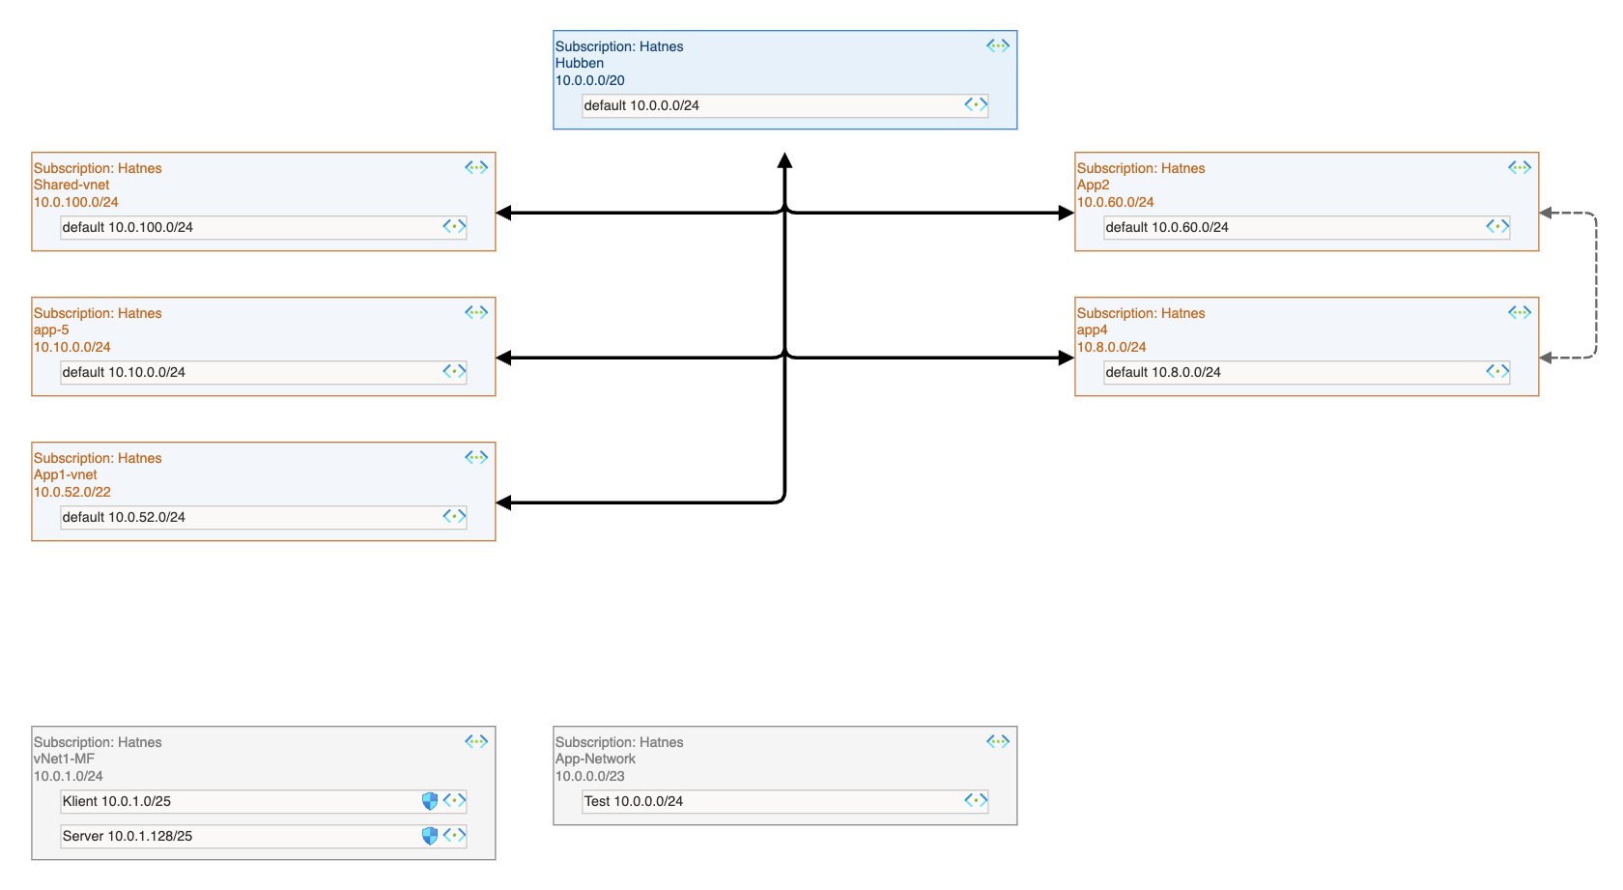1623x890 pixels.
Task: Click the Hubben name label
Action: [x=579, y=63]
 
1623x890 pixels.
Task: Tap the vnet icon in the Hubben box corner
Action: [x=998, y=45]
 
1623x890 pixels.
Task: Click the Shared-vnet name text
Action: [x=71, y=185]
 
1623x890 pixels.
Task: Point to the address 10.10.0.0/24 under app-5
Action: [x=72, y=347]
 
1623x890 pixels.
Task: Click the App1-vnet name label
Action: [x=66, y=474]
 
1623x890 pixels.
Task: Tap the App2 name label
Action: [x=1093, y=185]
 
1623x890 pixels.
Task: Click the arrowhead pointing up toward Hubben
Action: [x=784, y=160]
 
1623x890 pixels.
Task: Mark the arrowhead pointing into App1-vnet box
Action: [x=503, y=502]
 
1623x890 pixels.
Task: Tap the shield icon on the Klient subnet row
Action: [x=430, y=801]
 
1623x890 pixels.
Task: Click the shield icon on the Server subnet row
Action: [x=430, y=836]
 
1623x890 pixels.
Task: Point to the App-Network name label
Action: [x=595, y=759]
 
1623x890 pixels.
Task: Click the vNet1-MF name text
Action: [x=64, y=759]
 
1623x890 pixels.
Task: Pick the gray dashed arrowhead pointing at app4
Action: [x=1546, y=358]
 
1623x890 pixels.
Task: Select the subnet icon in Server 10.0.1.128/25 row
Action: [x=455, y=835]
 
